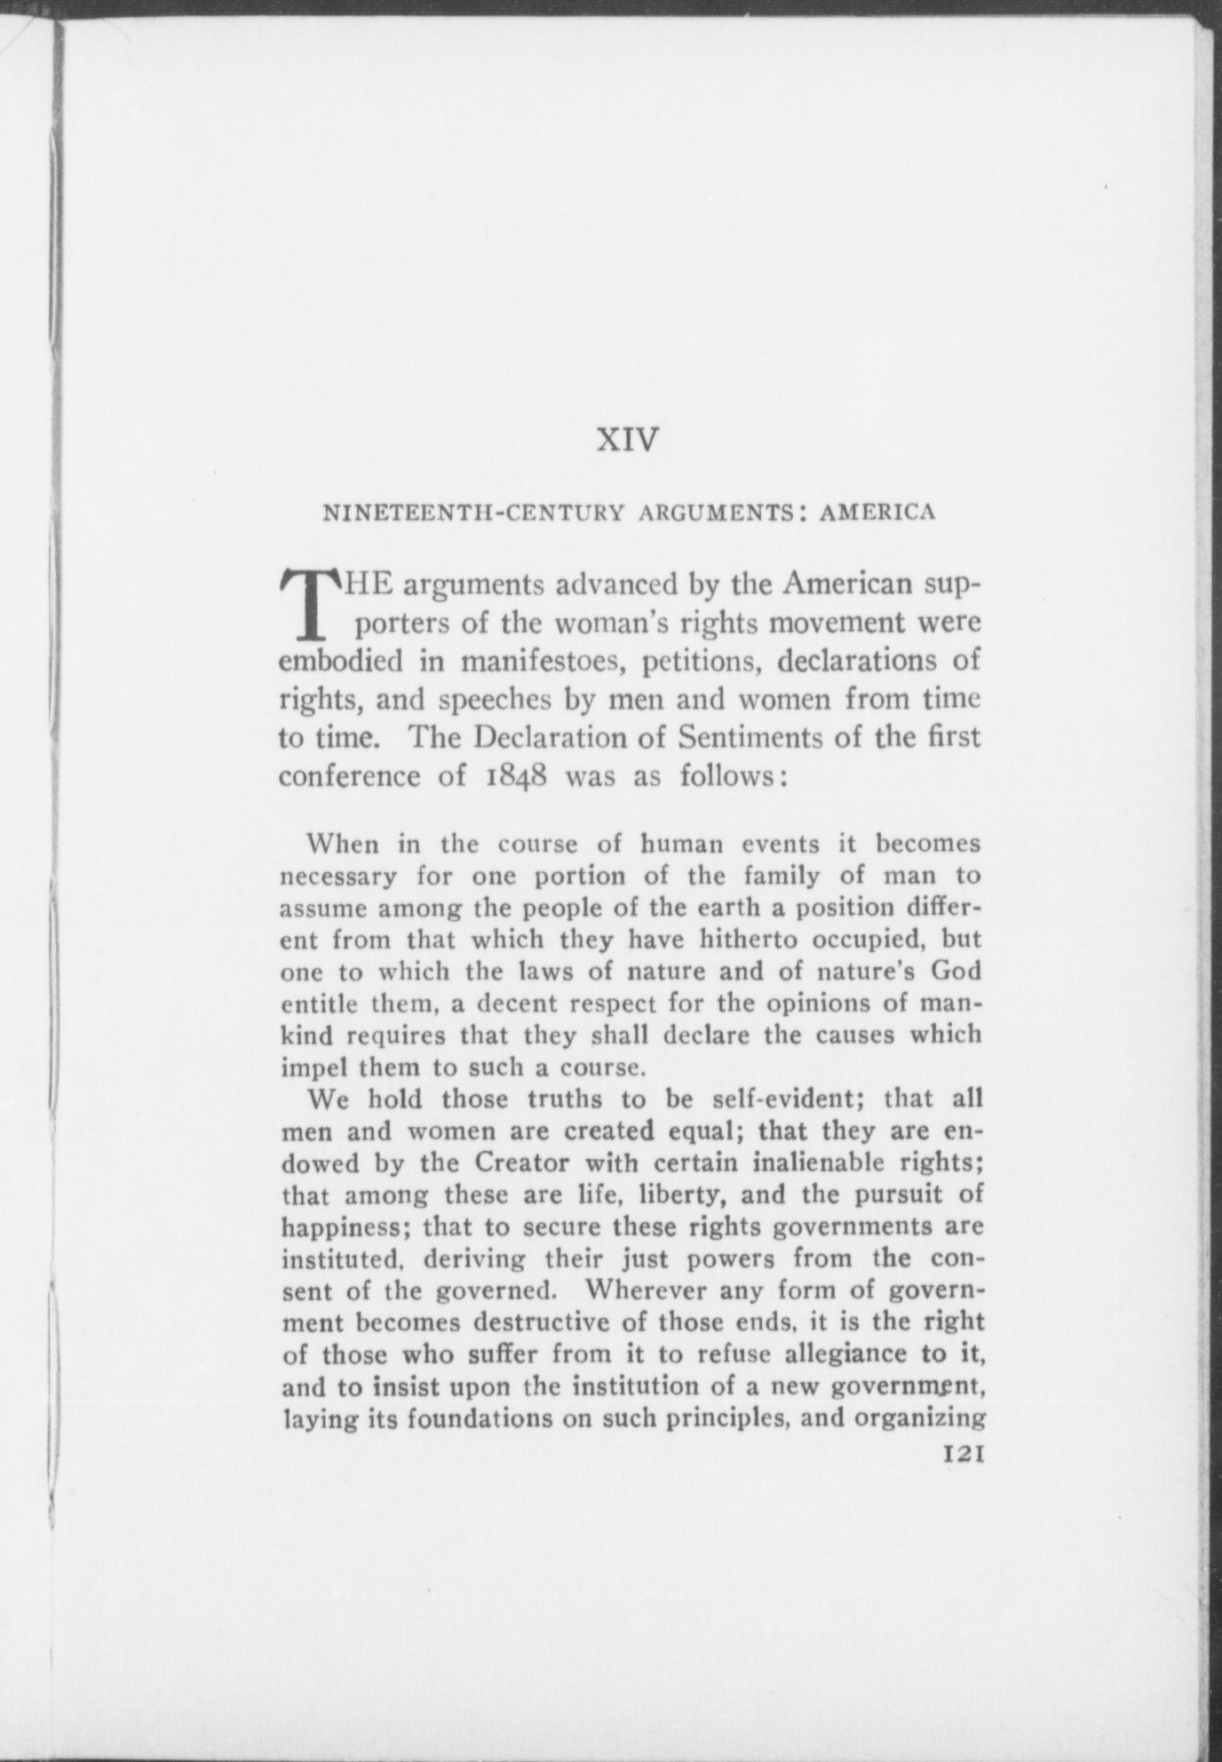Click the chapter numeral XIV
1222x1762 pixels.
(x=628, y=440)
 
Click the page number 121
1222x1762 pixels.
(x=962, y=1455)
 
